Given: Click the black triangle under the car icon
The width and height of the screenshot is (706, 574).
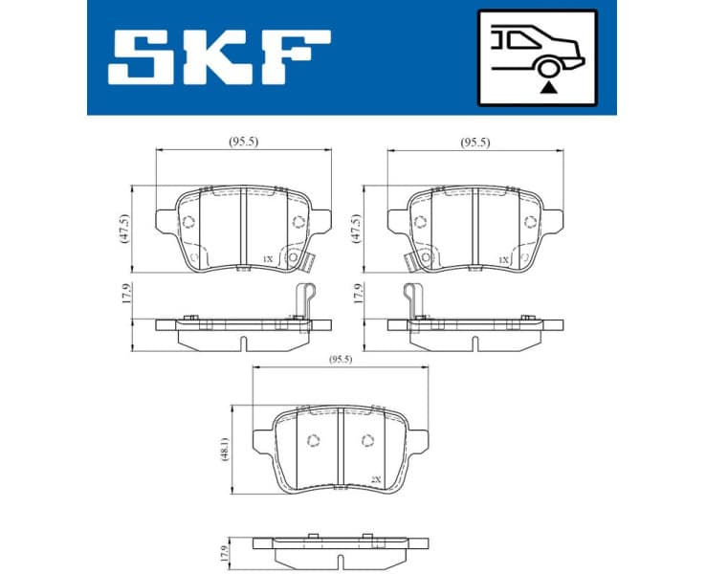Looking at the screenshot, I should pos(546,86).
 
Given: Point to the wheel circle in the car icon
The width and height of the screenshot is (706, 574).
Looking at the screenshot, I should pos(546,67).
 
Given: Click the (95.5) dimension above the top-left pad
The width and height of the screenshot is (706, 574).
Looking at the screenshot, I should pos(243,142).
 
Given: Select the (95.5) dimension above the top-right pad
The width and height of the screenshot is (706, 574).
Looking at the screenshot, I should pos(474,142).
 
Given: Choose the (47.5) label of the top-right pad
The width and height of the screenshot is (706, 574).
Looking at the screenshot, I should pos(357,228).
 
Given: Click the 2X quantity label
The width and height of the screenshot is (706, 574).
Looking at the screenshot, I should pos(376,478).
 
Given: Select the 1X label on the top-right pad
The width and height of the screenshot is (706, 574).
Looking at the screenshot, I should pos(502,259).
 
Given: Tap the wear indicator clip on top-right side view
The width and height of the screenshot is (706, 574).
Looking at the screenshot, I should pos(412,298).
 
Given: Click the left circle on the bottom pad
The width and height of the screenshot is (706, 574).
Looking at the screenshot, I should pos(312,440).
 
